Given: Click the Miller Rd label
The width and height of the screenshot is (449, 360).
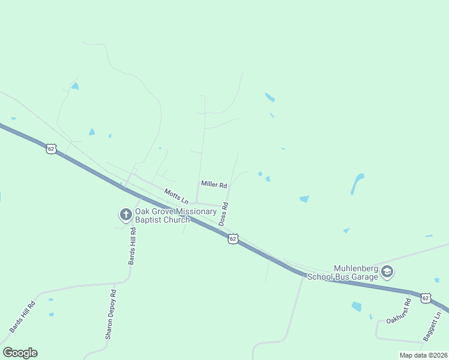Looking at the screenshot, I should click(x=214, y=185).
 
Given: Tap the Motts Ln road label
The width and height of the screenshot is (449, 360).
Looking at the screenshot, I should click(x=176, y=196).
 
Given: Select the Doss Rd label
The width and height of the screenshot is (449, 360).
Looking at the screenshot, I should click(x=223, y=214).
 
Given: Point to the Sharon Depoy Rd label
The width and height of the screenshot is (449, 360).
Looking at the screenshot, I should click(x=110, y=314).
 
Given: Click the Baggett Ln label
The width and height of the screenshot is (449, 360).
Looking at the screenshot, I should click(x=432, y=326).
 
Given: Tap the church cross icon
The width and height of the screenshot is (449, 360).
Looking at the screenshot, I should click(x=125, y=214).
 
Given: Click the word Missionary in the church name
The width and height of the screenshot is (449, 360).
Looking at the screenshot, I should click(x=187, y=211).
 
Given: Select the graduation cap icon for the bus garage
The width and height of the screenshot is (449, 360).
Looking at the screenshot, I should click(x=387, y=272).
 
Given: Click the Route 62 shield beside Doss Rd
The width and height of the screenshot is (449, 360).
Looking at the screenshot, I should click(x=233, y=239).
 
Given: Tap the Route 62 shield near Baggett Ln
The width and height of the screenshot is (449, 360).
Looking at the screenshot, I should click(x=426, y=298).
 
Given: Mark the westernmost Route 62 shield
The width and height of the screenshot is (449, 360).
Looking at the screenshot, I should click(x=51, y=149).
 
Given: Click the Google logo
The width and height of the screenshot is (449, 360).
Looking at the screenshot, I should click(x=20, y=353).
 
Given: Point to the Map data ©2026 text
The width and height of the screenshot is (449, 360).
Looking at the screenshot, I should click(x=423, y=355).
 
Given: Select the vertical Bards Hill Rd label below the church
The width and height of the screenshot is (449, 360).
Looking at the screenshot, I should click(x=132, y=250).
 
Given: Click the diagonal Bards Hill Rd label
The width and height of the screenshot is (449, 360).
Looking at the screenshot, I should click(x=22, y=317).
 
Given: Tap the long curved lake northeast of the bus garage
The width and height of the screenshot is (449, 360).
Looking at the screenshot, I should click(x=357, y=184).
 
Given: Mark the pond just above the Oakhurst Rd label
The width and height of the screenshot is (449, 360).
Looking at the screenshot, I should click(x=357, y=307).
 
